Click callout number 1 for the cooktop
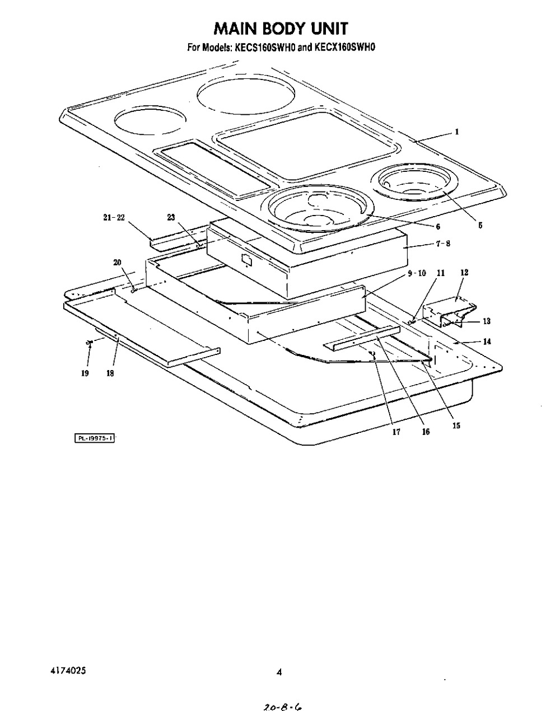coord(457,132)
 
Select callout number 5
coord(480,226)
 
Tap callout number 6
coord(438,227)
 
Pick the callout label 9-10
coord(417,273)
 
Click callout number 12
coord(464,273)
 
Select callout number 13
coord(486,321)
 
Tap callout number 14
coord(487,341)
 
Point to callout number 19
coord(85,373)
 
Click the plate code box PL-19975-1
coord(95,438)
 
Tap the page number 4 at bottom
coord(278,673)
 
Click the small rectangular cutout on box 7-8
coord(246,260)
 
